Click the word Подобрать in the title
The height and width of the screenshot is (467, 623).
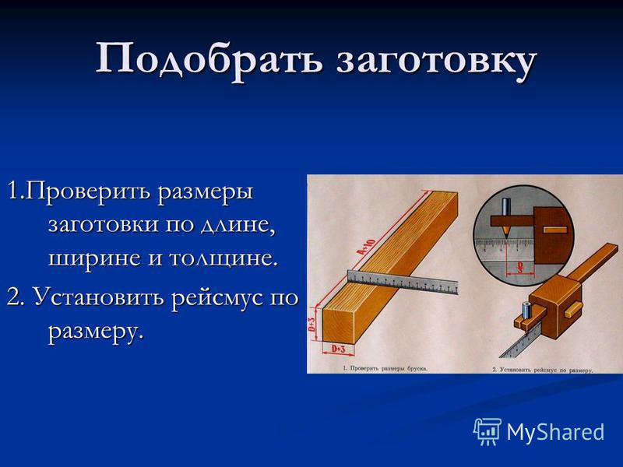coord(209,60)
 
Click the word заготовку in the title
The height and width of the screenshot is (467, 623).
coord(437,61)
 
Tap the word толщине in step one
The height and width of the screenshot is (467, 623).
coord(223,258)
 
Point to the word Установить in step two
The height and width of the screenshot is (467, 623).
coord(99,297)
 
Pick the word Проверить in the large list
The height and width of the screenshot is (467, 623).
coord(90,193)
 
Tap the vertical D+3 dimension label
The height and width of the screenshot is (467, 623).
coord(312,325)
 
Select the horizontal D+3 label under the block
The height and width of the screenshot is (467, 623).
coord(338,349)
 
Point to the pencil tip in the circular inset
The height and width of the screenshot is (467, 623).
coord(506,237)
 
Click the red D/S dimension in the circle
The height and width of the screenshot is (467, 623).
coord(519,268)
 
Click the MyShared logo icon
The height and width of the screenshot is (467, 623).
coord(487,431)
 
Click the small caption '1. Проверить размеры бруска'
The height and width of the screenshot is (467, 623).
coord(385,368)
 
